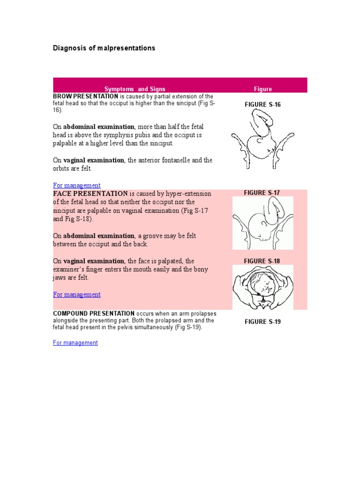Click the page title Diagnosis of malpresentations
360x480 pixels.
point(104,48)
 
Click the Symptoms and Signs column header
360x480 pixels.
point(135,89)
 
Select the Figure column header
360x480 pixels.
point(262,89)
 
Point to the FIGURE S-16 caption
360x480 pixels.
point(262,105)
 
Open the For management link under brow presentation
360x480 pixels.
point(76,185)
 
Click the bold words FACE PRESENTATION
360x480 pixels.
point(90,194)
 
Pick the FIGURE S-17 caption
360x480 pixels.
point(262,193)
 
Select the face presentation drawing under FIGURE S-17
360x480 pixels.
point(263,223)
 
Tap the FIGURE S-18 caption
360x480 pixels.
point(262,261)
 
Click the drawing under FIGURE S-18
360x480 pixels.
point(263,287)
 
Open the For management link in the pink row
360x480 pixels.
point(76,294)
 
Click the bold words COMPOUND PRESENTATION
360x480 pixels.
point(94,313)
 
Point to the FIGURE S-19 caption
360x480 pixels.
point(262,322)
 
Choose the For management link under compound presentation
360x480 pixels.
point(75,343)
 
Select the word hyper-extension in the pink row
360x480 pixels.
point(191,194)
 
